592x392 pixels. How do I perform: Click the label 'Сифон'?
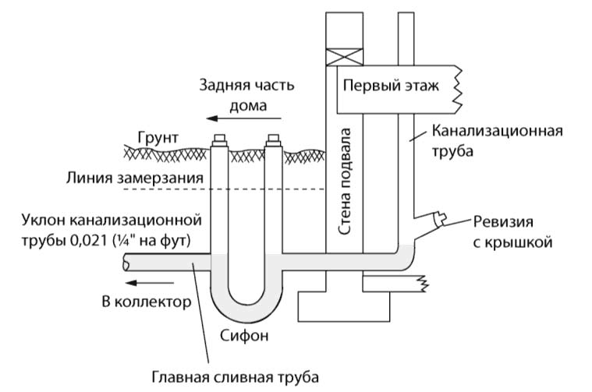click(244, 337)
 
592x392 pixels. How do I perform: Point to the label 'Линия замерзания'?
click(136, 178)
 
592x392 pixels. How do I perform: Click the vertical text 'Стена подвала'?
click(345, 182)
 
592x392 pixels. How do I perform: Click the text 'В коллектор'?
click(145, 302)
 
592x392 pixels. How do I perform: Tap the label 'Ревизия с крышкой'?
click(514, 231)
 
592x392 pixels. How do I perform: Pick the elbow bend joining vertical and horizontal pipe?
click(406, 256)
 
